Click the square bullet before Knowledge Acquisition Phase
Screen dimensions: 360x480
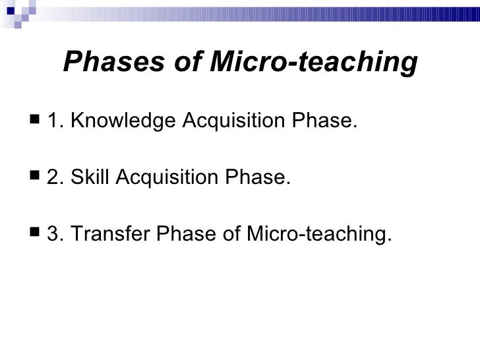[34, 122]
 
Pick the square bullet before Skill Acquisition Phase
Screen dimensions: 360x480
[34, 178]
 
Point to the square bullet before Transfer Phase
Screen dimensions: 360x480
[34, 234]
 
